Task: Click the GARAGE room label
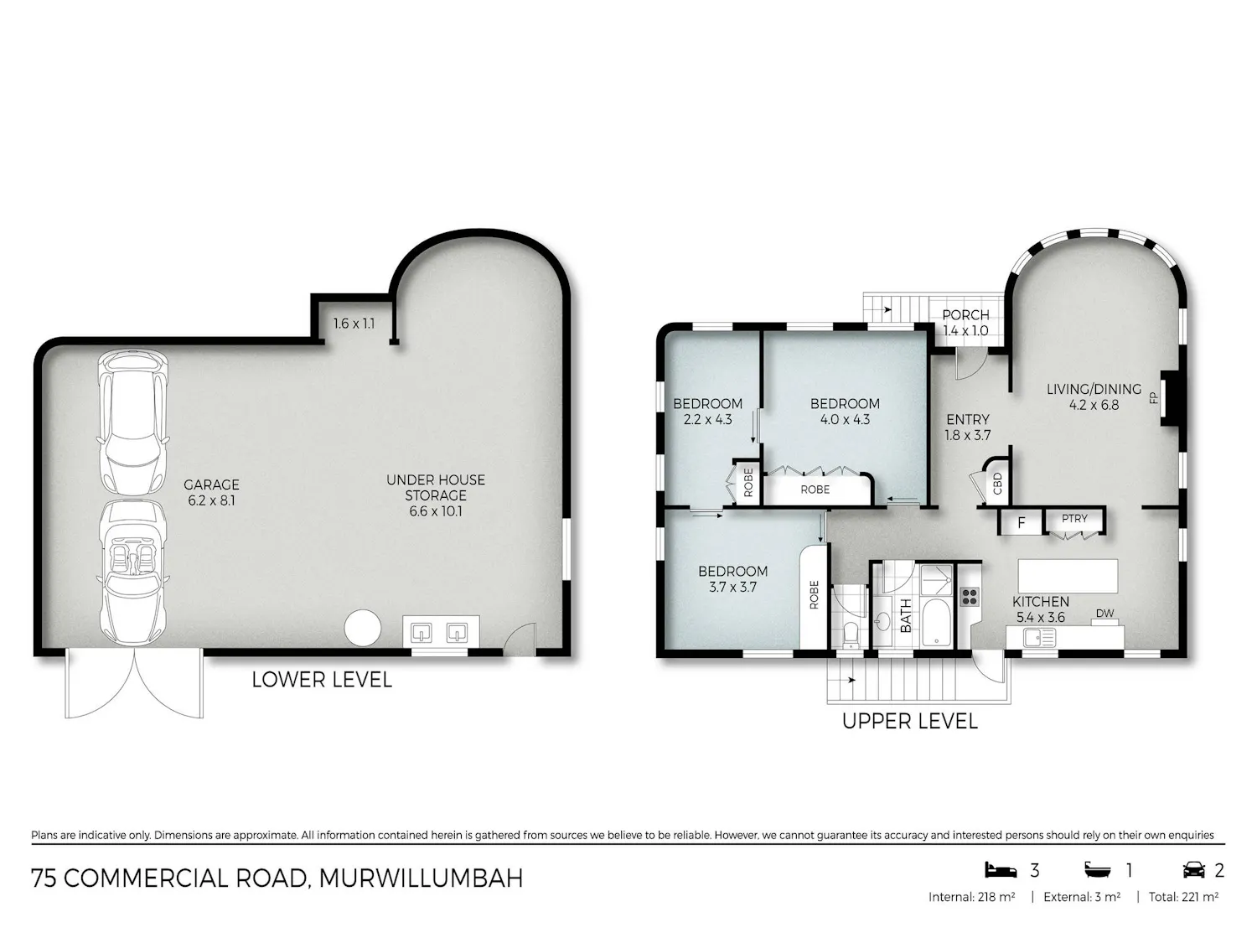point(211,484)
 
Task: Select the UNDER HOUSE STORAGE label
point(435,487)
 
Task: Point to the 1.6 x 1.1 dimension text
point(354,324)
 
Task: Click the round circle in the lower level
point(363,628)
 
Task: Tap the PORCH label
point(965,315)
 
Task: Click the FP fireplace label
point(1153,397)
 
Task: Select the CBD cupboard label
point(998,484)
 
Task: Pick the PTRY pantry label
point(1074,518)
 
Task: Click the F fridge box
point(1021,522)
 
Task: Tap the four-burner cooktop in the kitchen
point(970,597)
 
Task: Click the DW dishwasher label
point(1104,614)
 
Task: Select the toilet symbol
point(851,634)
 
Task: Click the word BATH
point(905,615)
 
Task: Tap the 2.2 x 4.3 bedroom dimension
point(708,420)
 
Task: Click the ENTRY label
point(968,419)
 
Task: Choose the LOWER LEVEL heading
point(322,680)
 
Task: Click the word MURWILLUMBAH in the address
point(421,878)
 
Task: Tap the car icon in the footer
point(1194,870)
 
